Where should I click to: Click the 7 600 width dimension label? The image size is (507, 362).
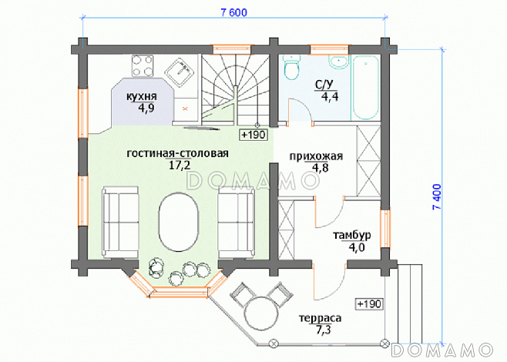tap(233, 12)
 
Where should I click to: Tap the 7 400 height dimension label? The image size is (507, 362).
tap(437, 197)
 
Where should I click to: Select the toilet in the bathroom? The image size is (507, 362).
tap(292, 67)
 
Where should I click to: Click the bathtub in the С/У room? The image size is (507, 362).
tap(366, 87)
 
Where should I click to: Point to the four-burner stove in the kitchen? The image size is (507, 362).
tap(143, 66)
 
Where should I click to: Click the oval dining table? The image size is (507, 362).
tap(179, 221)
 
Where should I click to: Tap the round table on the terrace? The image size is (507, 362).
tap(261, 313)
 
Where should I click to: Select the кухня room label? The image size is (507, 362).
tap(141, 96)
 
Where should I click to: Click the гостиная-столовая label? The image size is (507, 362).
tap(177, 153)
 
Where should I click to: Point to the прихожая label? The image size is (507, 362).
tap(316, 156)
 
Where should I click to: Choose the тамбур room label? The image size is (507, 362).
tap(352, 235)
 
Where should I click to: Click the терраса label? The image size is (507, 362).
tap(320, 318)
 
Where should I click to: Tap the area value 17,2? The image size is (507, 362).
tap(180, 165)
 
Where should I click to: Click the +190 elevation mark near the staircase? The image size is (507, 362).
tap(253, 135)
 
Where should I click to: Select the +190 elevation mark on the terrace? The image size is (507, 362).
tap(369, 303)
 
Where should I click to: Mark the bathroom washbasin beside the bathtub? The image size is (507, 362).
tap(338, 62)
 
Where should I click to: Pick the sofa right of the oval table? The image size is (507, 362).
tap(237, 223)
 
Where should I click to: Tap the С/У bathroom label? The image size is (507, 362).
tap(324, 85)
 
